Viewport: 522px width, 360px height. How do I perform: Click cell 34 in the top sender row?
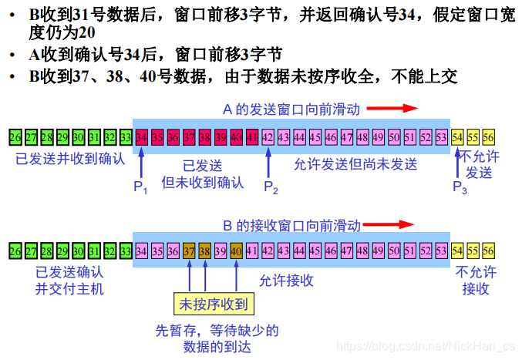point(141,137)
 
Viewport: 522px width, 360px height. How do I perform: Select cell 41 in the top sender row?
point(251,137)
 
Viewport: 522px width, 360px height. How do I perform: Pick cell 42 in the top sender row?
point(268,137)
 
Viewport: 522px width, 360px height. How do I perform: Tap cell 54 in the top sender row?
point(457,137)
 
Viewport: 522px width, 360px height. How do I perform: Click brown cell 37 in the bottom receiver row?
point(189,251)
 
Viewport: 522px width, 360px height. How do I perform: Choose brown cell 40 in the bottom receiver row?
point(236,251)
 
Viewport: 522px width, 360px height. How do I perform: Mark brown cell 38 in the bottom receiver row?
point(204,251)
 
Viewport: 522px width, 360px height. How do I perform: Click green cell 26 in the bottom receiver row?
point(15,251)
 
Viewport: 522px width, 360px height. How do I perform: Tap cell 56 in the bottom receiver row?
point(489,251)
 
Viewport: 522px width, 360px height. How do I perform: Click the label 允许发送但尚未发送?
point(355,163)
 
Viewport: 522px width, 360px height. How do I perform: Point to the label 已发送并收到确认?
point(70,160)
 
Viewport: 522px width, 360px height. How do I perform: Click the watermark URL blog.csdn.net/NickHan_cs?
point(429,348)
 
